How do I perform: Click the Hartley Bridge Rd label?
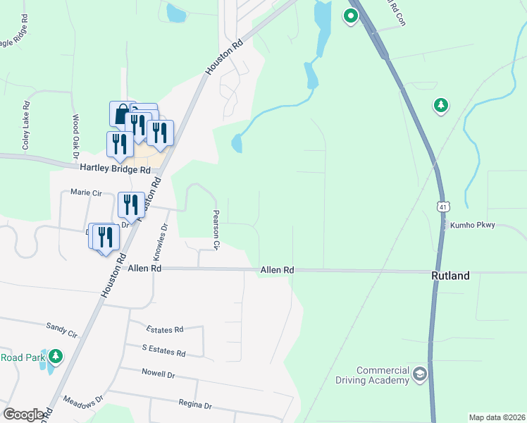pos(115,170)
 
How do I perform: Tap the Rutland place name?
pos(450,276)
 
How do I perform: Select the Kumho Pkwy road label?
pos(476,225)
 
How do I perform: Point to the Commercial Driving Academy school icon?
pos(421,374)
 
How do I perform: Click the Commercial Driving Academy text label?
pos(383,376)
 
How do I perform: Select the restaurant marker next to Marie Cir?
pos(130,205)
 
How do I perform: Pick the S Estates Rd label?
pos(163,352)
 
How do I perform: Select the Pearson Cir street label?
pos(218,230)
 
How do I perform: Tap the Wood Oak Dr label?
pos(75,137)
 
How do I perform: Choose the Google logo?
pos(24,415)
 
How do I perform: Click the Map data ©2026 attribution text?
pos(497,417)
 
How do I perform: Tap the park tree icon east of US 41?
pos(441,106)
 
